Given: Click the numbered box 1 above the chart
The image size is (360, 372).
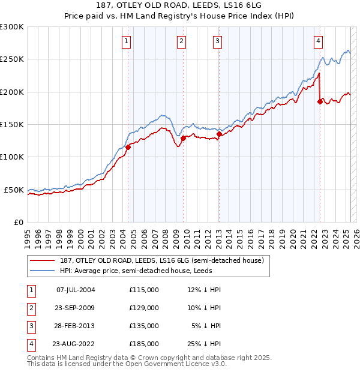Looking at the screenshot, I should (x=127, y=41).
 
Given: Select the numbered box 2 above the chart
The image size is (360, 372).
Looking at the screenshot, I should (x=181, y=41).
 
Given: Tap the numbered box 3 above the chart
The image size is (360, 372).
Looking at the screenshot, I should (x=217, y=41).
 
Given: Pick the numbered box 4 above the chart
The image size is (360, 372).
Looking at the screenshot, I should (x=318, y=41).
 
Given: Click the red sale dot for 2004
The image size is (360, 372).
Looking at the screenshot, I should (x=128, y=147).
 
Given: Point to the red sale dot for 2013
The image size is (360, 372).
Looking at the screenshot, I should (x=219, y=134).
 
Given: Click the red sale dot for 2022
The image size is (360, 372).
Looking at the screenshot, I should (x=320, y=102).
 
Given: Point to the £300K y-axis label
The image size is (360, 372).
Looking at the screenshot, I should (x=12, y=27).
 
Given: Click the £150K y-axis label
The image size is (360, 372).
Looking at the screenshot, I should (x=12, y=125).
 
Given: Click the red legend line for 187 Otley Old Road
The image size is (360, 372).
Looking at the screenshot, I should (x=42, y=260).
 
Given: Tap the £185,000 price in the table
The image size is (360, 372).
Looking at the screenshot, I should (x=144, y=344).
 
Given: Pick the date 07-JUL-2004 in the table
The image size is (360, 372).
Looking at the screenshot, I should (x=76, y=290).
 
